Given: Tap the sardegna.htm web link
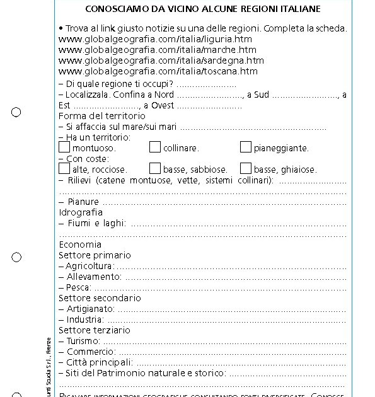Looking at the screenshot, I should point(161,60).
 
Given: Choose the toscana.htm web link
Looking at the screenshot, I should point(158,71).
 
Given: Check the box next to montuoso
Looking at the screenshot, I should point(64,147).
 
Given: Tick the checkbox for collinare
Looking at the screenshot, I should point(155,147).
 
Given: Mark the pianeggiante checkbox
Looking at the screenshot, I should point(246,147).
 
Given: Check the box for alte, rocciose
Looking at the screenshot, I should point(64,168).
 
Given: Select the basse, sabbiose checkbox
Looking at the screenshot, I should point(155,168).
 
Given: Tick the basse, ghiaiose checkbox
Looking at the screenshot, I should point(246,168).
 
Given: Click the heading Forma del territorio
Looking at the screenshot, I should point(101,116).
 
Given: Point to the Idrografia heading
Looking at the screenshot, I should point(81,212).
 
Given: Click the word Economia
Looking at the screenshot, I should point(80,245).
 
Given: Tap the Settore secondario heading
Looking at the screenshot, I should point(100,298).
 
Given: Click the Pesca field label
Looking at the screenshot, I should point(79,287).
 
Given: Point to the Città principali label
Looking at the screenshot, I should point(99,362).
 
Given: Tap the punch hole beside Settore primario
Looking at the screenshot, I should point(16,257).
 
